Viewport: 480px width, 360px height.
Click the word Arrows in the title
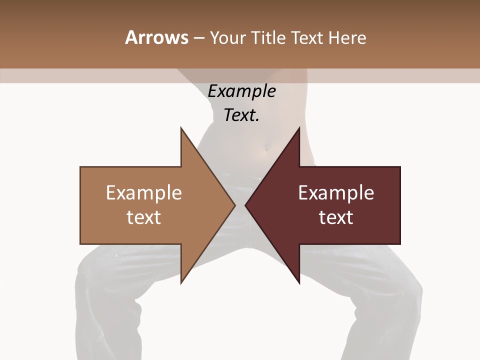156,37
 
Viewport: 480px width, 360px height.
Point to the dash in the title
198,38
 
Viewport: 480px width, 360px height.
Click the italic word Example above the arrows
241,91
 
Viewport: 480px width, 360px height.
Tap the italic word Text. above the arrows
241,115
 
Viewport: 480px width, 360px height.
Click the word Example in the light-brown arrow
144,193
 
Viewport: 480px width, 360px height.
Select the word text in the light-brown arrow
144,217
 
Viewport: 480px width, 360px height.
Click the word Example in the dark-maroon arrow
336,193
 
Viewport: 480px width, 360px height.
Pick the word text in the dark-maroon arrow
336,217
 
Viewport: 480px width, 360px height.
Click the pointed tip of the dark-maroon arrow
246,205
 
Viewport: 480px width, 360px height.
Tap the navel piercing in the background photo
267,146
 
